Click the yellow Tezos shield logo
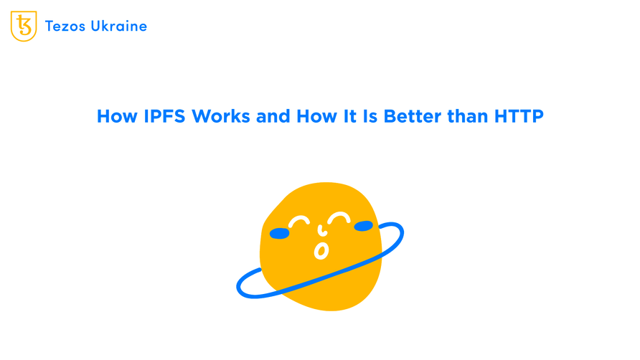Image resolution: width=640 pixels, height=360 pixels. click(x=24, y=27)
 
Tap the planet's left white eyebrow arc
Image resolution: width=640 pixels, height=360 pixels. click(x=298, y=222)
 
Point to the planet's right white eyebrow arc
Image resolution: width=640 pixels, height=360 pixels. click(x=339, y=217)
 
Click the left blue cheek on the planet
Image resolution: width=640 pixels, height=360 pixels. click(x=279, y=234)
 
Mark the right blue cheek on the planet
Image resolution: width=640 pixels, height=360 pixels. click(x=364, y=227)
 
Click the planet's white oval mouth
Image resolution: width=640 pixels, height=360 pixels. click(x=321, y=251)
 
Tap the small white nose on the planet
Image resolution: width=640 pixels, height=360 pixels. click(x=321, y=231)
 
